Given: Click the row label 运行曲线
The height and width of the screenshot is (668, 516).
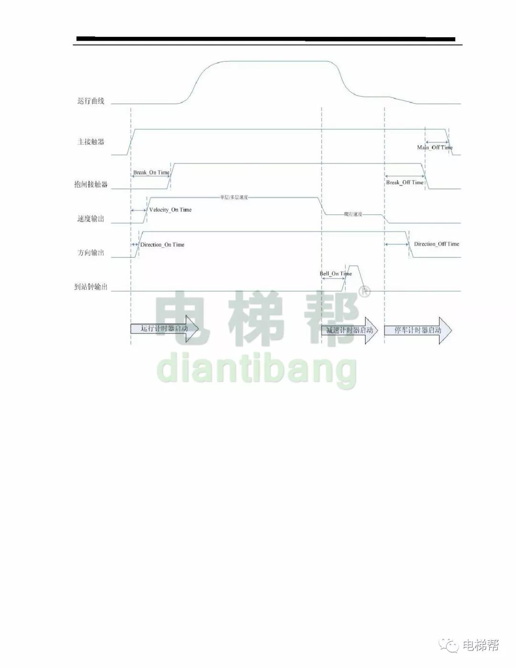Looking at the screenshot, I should [91, 101].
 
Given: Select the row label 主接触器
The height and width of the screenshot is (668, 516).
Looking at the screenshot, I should [91, 142].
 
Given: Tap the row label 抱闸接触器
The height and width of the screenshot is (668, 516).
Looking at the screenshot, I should [91, 184].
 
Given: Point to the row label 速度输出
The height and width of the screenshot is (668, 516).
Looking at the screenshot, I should [91, 219].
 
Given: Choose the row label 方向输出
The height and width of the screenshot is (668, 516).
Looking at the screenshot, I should [91, 253].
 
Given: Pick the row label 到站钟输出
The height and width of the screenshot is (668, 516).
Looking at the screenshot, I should [91, 287].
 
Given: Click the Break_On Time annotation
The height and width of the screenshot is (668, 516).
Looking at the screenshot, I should [151, 172].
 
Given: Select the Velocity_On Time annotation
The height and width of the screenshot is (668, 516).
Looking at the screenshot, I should [170, 210].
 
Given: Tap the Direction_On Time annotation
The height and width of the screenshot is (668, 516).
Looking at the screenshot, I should [162, 245].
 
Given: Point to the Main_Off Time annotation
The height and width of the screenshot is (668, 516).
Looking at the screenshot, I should [435, 147].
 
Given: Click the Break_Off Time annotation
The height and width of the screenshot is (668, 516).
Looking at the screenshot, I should [405, 183].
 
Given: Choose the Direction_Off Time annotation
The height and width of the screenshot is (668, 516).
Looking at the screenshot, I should [436, 244].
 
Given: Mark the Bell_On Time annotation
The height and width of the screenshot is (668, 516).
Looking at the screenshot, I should [335, 274].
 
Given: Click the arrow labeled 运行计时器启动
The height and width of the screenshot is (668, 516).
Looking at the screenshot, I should [164, 329].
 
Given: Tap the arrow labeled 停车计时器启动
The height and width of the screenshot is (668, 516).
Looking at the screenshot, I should [418, 330].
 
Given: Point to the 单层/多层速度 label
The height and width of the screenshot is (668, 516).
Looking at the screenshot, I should [234, 197].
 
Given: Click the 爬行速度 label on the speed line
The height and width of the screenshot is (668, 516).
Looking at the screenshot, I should [353, 215].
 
